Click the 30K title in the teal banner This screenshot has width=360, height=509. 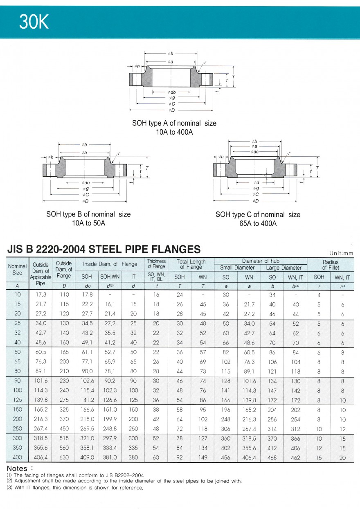[x=34, y=23]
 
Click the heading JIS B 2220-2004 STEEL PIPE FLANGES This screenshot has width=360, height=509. [x=104, y=249]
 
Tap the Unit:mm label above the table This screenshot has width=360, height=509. [x=341, y=253]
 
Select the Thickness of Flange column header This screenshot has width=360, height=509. [x=156, y=264]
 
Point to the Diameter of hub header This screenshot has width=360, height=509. [x=261, y=261]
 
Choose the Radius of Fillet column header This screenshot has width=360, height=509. [x=330, y=265]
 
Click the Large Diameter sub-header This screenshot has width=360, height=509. [x=283, y=268]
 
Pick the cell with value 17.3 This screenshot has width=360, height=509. [x=41, y=295]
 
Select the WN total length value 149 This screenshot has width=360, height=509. [x=202, y=457]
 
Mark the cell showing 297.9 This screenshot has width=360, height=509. [x=110, y=438]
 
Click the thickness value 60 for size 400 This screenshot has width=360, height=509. [x=156, y=457]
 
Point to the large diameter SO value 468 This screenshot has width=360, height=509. [x=272, y=457]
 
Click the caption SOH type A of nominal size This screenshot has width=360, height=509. [x=174, y=123]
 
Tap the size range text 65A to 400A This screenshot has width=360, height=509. [x=258, y=223]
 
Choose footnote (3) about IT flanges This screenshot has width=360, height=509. [x=75, y=487]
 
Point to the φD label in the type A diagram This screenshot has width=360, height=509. [x=171, y=110]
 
